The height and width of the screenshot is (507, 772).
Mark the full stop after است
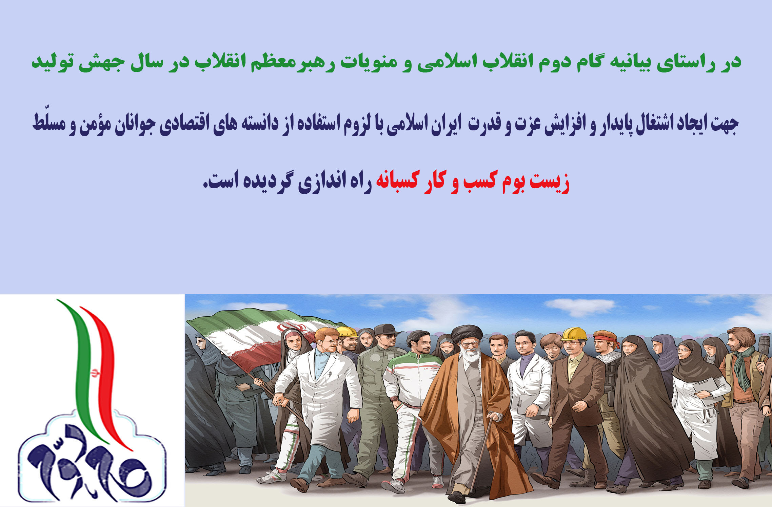205,187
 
